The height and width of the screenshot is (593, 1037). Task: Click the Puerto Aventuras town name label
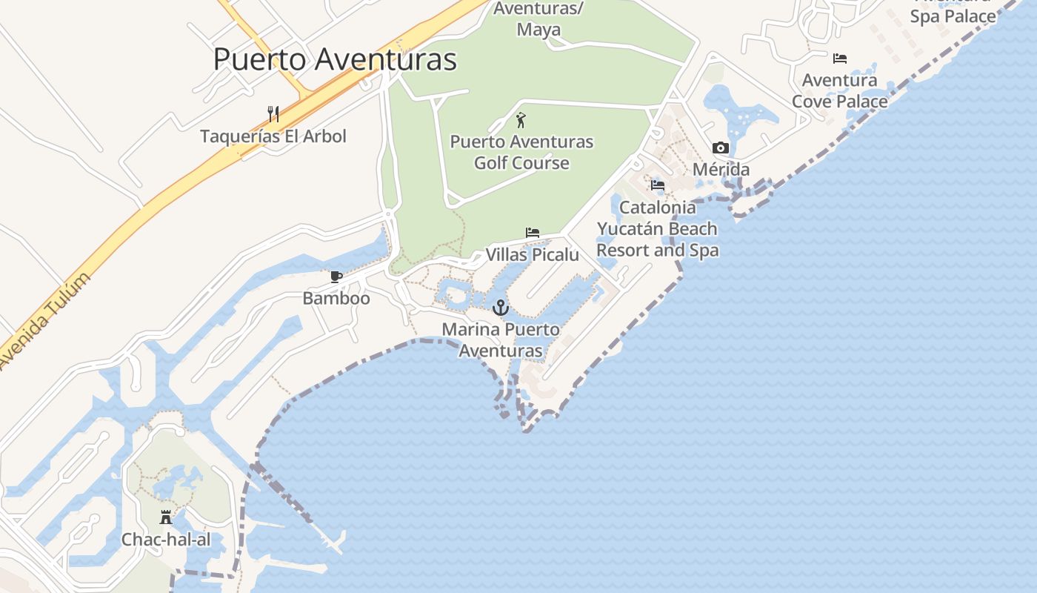click(x=335, y=59)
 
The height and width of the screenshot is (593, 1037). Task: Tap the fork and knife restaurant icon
click(x=273, y=114)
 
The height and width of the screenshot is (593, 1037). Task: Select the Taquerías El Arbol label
click(x=273, y=136)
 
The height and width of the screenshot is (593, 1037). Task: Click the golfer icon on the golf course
click(x=521, y=119)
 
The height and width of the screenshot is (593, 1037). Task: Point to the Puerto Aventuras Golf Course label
click(x=521, y=152)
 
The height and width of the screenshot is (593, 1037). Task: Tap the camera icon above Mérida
click(x=720, y=148)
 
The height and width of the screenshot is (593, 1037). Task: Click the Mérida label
click(x=721, y=170)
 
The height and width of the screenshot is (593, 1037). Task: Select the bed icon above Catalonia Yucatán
click(x=657, y=185)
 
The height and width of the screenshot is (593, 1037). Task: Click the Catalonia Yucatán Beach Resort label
click(x=657, y=229)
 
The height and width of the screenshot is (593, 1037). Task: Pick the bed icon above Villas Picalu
click(x=532, y=233)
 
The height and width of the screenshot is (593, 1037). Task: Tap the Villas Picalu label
click(x=532, y=255)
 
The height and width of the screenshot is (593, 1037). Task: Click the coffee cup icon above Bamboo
click(x=336, y=277)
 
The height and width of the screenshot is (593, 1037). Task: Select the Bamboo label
click(x=336, y=299)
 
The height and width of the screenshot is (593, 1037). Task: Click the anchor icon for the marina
click(x=501, y=307)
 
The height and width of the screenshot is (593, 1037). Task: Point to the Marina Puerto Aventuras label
click(x=501, y=339)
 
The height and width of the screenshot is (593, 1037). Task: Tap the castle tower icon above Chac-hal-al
click(x=166, y=517)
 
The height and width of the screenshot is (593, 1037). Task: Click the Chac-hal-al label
click(x=166, y=540)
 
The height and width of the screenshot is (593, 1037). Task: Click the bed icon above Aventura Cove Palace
click(x=839, y=58)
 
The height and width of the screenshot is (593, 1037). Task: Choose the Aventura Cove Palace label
click(x=839, y=90)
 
